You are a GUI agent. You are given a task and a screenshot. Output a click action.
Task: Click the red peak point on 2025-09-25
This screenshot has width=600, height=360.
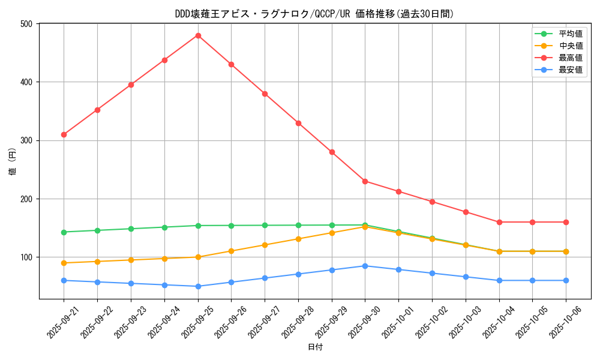(x=198, y=35)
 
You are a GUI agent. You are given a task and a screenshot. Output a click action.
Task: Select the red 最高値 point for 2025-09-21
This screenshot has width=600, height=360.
(x=64, y=134)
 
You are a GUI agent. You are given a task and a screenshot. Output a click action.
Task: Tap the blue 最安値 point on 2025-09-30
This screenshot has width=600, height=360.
(x=365, y=266)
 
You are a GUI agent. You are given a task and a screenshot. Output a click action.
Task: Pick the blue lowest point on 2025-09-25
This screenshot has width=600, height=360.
(x=198, y=286)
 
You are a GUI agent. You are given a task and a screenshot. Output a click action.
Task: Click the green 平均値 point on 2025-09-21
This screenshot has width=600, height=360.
(x=64, y=232)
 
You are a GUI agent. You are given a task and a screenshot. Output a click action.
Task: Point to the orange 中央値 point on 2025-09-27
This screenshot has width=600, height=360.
(x=265, y=245)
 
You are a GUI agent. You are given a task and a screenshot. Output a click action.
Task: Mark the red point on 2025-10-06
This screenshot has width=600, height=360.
(x=566, y=222)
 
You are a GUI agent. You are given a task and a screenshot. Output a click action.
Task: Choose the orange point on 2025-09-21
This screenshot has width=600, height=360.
(x=64, y=263)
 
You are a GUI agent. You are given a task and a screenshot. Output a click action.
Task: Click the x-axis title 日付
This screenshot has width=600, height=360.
(x=315, y=347)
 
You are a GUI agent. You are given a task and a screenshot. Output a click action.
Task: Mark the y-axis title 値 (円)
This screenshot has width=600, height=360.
(x=13, y=161)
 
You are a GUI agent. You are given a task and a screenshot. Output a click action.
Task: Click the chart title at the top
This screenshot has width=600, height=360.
(x=314, y=13)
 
